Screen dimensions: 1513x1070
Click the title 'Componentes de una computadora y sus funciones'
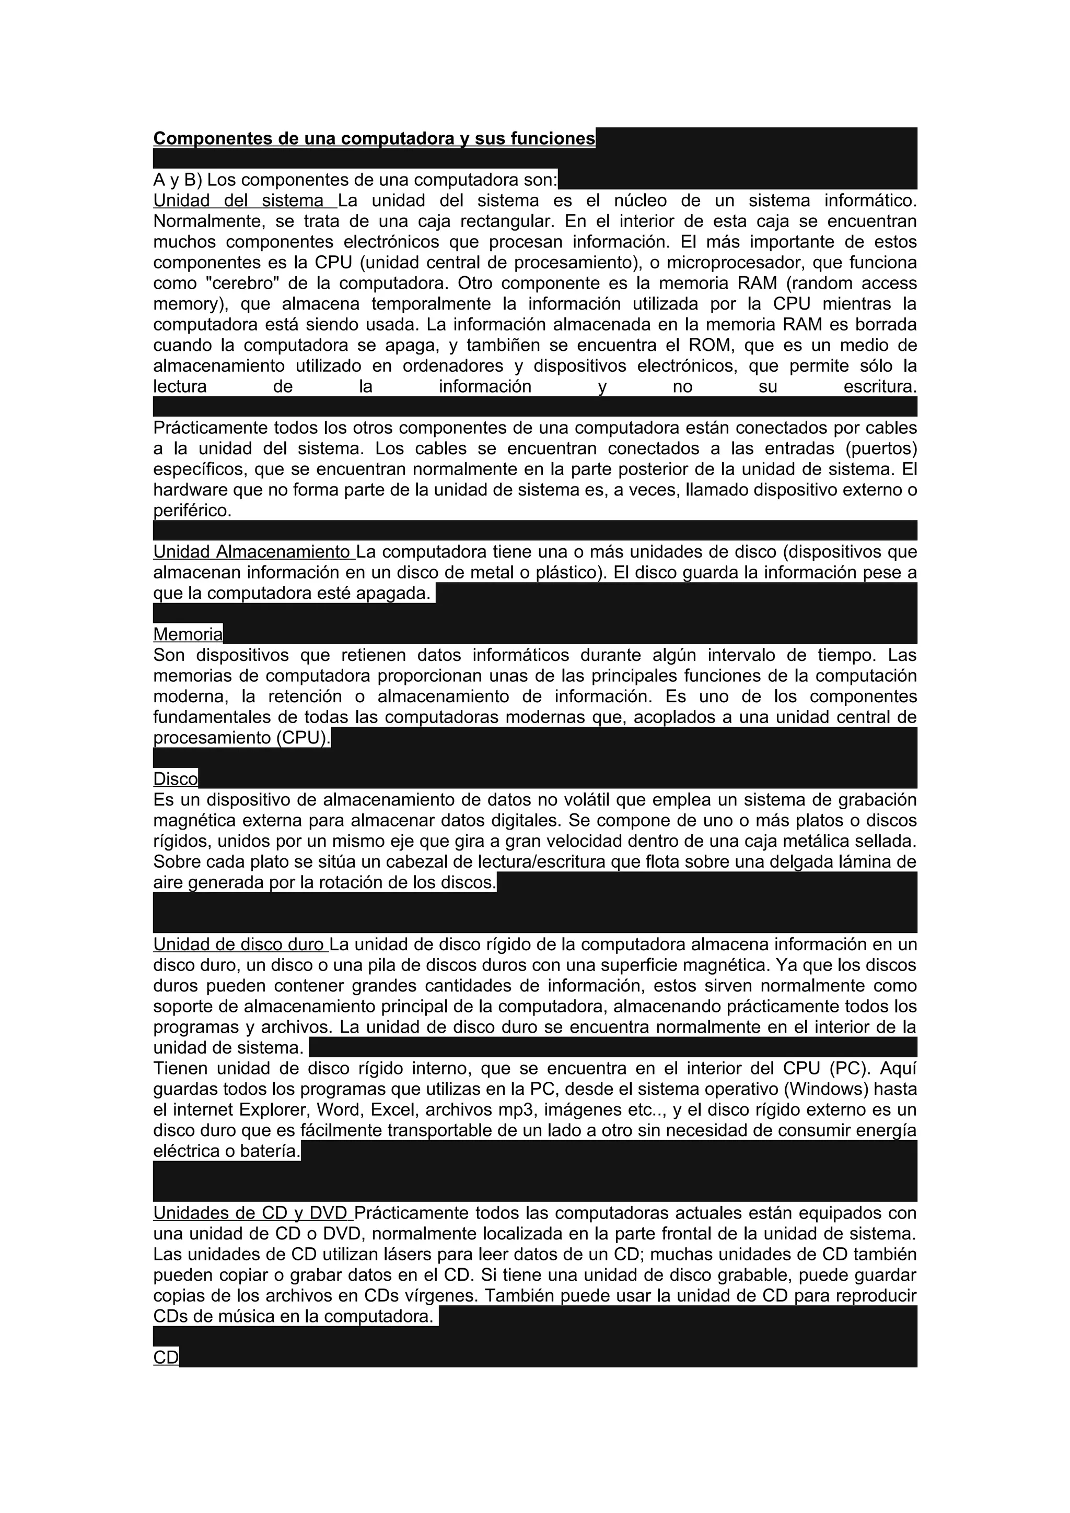tap(374, 138)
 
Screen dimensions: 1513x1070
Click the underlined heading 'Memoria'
tap(188, 634)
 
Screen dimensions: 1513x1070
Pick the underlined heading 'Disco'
tap(176, 779)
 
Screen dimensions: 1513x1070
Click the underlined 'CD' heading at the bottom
tap(166, 1357)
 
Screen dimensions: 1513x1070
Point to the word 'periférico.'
tap(192, 511)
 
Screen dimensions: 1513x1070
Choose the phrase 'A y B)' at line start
tap(178, 180)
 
